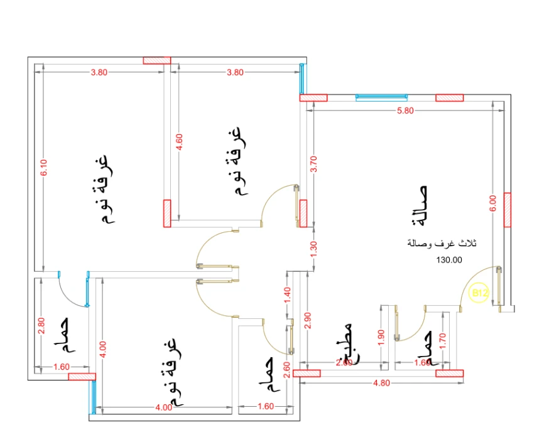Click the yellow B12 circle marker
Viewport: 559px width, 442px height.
click(x=480, y=293)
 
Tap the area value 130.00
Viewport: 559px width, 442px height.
click(x=449, y=259)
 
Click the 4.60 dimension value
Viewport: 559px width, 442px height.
click(x=180, y=142)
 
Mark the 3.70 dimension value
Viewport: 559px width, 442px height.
click(x=314, y=164)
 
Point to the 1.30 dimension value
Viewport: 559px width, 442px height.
click(x=314, y=247)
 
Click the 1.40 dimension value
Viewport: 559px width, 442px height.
click(x=288, y=295)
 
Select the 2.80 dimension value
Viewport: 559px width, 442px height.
click(x=41, y=325)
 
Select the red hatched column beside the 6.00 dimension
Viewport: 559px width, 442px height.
click(x=507, y=210)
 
